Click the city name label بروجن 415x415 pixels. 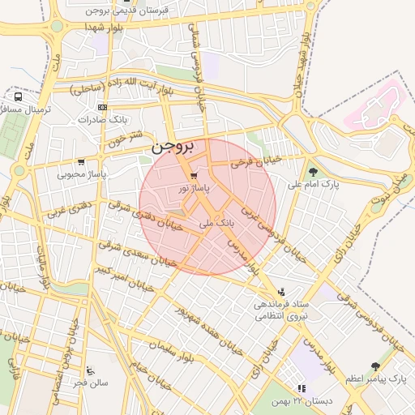[173, 148]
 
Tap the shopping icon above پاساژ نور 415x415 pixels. [193, 176]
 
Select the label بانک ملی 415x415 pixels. [216, 220]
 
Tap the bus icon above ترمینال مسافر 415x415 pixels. [18, 96]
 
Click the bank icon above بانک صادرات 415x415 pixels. [102, 107]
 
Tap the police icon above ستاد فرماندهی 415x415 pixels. [281, 292]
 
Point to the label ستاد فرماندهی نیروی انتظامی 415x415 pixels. [278, 311]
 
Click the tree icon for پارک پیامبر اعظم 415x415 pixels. [374, 366]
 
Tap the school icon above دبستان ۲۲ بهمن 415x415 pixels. [301, 389]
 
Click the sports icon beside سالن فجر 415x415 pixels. [89, 370]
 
